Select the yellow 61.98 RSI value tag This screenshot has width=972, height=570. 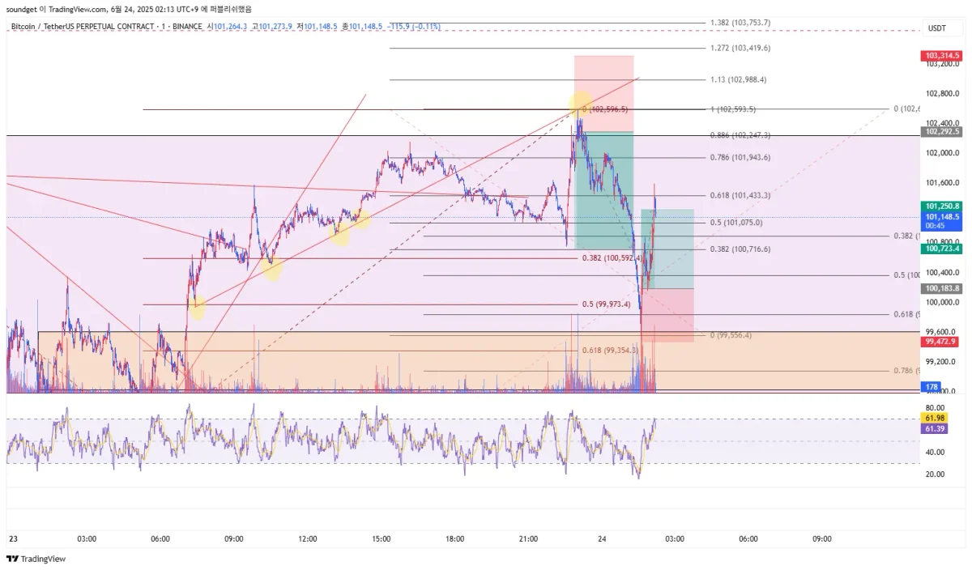pos(934,418)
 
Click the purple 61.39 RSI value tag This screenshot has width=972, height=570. pos(934,428)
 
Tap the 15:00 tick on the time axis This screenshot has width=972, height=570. pos(382,538)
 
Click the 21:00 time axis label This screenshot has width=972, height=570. pos(528,538)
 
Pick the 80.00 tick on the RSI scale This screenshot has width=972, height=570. pos(935,408)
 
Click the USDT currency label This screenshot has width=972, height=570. pos(937,28)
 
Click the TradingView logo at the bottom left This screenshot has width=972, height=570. pos(36,559)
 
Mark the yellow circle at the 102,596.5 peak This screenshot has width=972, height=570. pos(580,104)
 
